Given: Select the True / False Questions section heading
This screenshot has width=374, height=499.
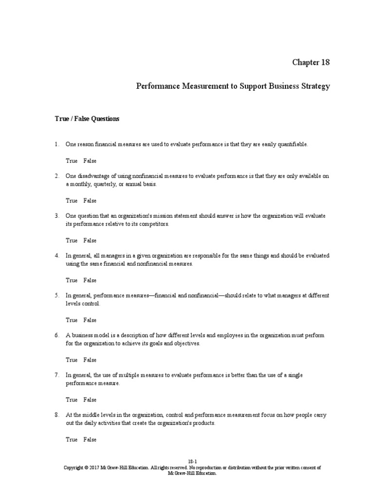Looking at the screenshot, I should click(x=87, y=118).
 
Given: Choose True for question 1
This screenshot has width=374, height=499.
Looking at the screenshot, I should click(x=72, y=161).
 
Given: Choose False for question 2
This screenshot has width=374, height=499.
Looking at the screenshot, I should click(x=90, y=201).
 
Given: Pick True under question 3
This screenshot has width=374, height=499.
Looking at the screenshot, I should click(x=72, y=241).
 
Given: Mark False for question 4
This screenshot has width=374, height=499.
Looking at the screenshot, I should click(x=90, y=281).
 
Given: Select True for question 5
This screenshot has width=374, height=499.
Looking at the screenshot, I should click(x=72, y=320).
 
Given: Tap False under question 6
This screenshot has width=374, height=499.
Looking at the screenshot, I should click(x=90, y=360).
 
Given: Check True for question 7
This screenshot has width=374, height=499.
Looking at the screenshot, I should click(x=72, y=400).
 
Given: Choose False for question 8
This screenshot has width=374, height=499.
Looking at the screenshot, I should click(x=90, y=440).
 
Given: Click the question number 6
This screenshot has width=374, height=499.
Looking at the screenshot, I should click(x=56, y=336).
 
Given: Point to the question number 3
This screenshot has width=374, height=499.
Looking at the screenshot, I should click(x=56, y=216).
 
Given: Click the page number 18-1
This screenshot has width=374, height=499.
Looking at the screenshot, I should click(x=192, y=461).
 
